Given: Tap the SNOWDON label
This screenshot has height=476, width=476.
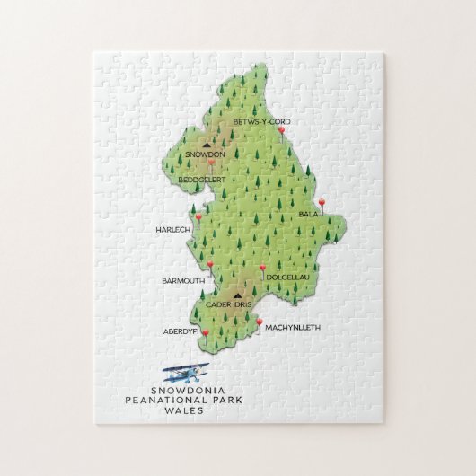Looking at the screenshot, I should (x=206, y=154).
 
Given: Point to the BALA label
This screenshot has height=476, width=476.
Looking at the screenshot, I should (x=309, y=216).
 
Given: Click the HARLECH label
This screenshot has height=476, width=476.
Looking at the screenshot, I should (x=172, y=229).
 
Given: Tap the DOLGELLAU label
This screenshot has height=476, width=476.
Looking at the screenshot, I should (x=287, y=278).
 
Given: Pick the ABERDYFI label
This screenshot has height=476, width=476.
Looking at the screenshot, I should (x=181, y=330).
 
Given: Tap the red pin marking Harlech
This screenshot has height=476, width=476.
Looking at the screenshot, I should (x=198, y=216).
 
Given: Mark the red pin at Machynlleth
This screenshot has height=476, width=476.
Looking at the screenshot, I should (x=259, y=322).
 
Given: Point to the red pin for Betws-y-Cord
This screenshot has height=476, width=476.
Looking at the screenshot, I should (x=283, y=131).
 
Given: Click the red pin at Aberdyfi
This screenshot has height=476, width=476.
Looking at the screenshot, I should (x=206, y=334).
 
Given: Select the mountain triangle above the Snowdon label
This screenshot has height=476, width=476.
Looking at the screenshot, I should (x=208, y=142).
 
